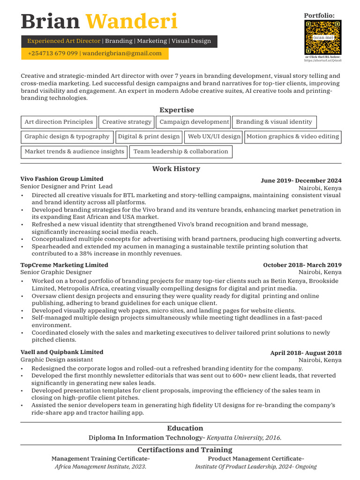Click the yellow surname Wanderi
[132, 21]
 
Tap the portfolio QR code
[322, 37]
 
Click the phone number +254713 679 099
[52, 53]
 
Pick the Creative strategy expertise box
[127, 122]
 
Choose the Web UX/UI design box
[214, 137]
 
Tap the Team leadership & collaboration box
[180, 152]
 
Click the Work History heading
[176, 169]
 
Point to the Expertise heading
[176, 110]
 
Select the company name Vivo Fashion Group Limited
[62, 179]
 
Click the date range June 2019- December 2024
[301, 180]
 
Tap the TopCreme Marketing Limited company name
[64, 265]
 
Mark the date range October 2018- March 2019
[302, 265]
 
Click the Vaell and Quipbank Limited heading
[62, 352]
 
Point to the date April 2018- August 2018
[306, 353]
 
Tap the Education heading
[185, 428]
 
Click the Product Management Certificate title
[255, 458]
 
